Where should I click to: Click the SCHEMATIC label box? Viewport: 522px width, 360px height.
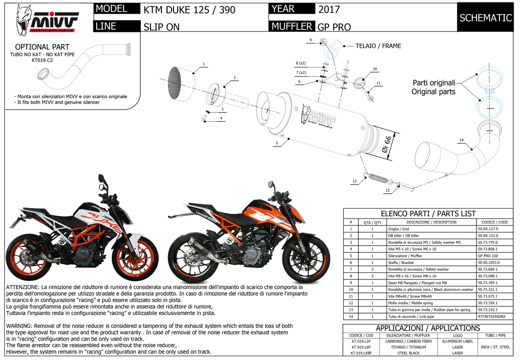[485, 18]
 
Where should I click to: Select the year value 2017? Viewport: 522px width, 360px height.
[328, 9]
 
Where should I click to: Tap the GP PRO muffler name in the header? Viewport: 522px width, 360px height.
[334, 27]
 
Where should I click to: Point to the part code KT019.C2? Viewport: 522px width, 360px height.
[42, 60]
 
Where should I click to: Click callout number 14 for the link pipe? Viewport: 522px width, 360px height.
[461, 140]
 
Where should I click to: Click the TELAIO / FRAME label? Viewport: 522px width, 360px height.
[378, 46]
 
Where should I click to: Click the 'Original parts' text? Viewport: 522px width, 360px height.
[433, 92]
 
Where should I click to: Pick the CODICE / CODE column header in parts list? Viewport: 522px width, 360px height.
[494, 222]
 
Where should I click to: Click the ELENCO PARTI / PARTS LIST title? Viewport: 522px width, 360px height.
[428, 214]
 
